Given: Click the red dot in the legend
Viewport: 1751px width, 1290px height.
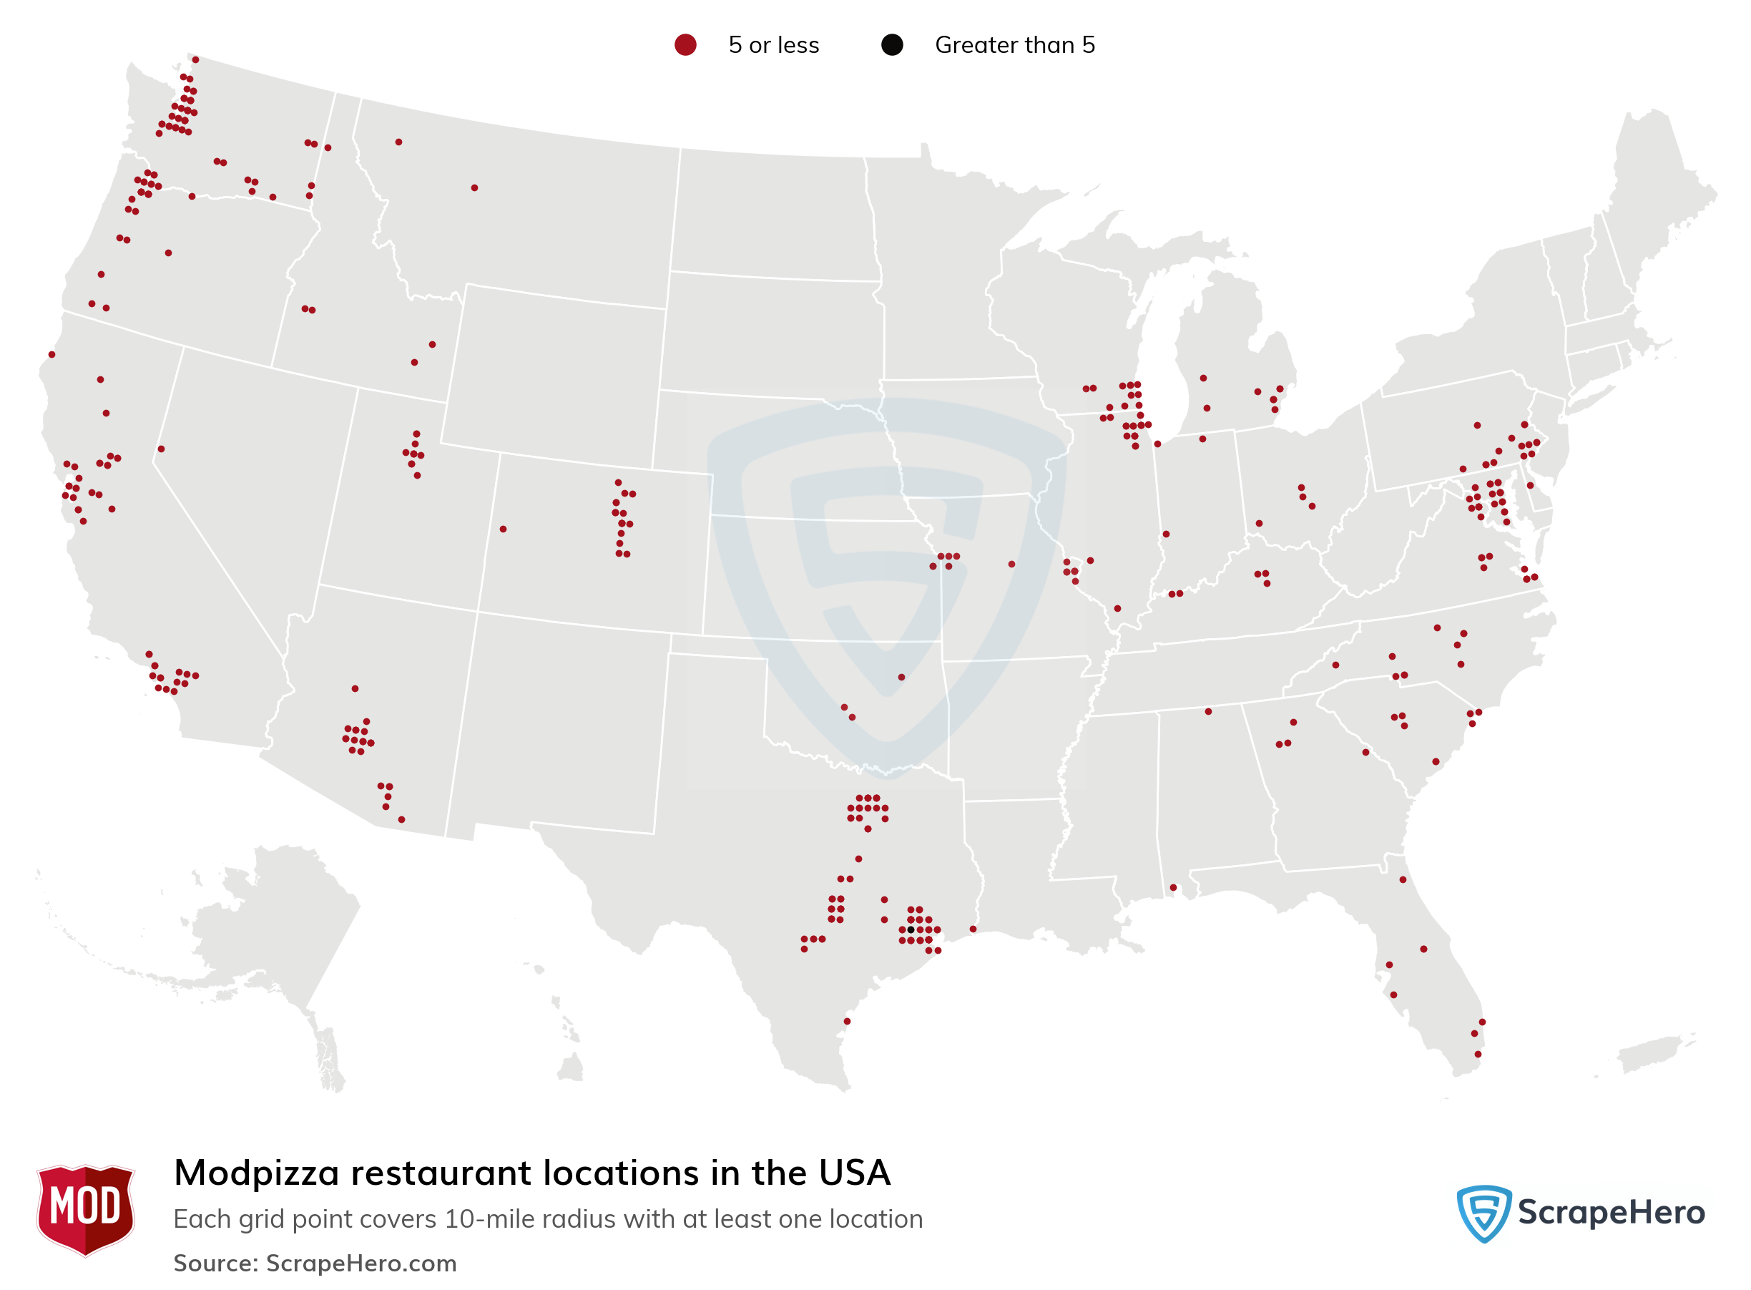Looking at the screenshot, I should [x=685, y=45].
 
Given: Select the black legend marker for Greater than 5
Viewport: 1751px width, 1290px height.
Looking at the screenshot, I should [x=891, y=45].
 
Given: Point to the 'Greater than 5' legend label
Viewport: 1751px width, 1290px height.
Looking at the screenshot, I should [x=1014, y=45].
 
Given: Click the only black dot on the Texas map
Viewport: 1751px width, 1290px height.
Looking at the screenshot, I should [x=911, y=929].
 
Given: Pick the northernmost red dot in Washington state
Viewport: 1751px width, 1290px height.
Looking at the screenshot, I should [x=195, y=59].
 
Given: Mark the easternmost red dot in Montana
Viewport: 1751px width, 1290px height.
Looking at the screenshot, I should [x=474, y=187].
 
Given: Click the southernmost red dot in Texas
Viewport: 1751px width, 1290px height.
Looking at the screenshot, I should [x=846, y=1020].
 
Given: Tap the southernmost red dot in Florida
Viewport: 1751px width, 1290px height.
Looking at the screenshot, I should [x=1477, y=1054].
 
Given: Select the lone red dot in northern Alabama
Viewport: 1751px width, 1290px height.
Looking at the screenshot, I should [x=1207, y=711].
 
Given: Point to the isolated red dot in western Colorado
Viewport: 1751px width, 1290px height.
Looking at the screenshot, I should [x=503, y=529].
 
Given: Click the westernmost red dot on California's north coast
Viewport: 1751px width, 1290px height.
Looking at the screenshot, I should [x=51, y=354].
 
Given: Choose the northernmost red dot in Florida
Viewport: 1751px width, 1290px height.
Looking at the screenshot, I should [x=1402, y=879].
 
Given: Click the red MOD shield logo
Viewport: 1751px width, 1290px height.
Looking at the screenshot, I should [x=85, y=1208].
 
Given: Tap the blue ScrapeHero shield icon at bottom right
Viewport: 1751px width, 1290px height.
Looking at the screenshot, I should [x=1483, y=1213].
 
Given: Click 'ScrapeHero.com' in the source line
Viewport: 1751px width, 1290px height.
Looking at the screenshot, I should [x=360, y=1263].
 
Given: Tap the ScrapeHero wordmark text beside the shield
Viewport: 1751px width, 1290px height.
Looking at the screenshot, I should [x=1611, y=1213].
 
